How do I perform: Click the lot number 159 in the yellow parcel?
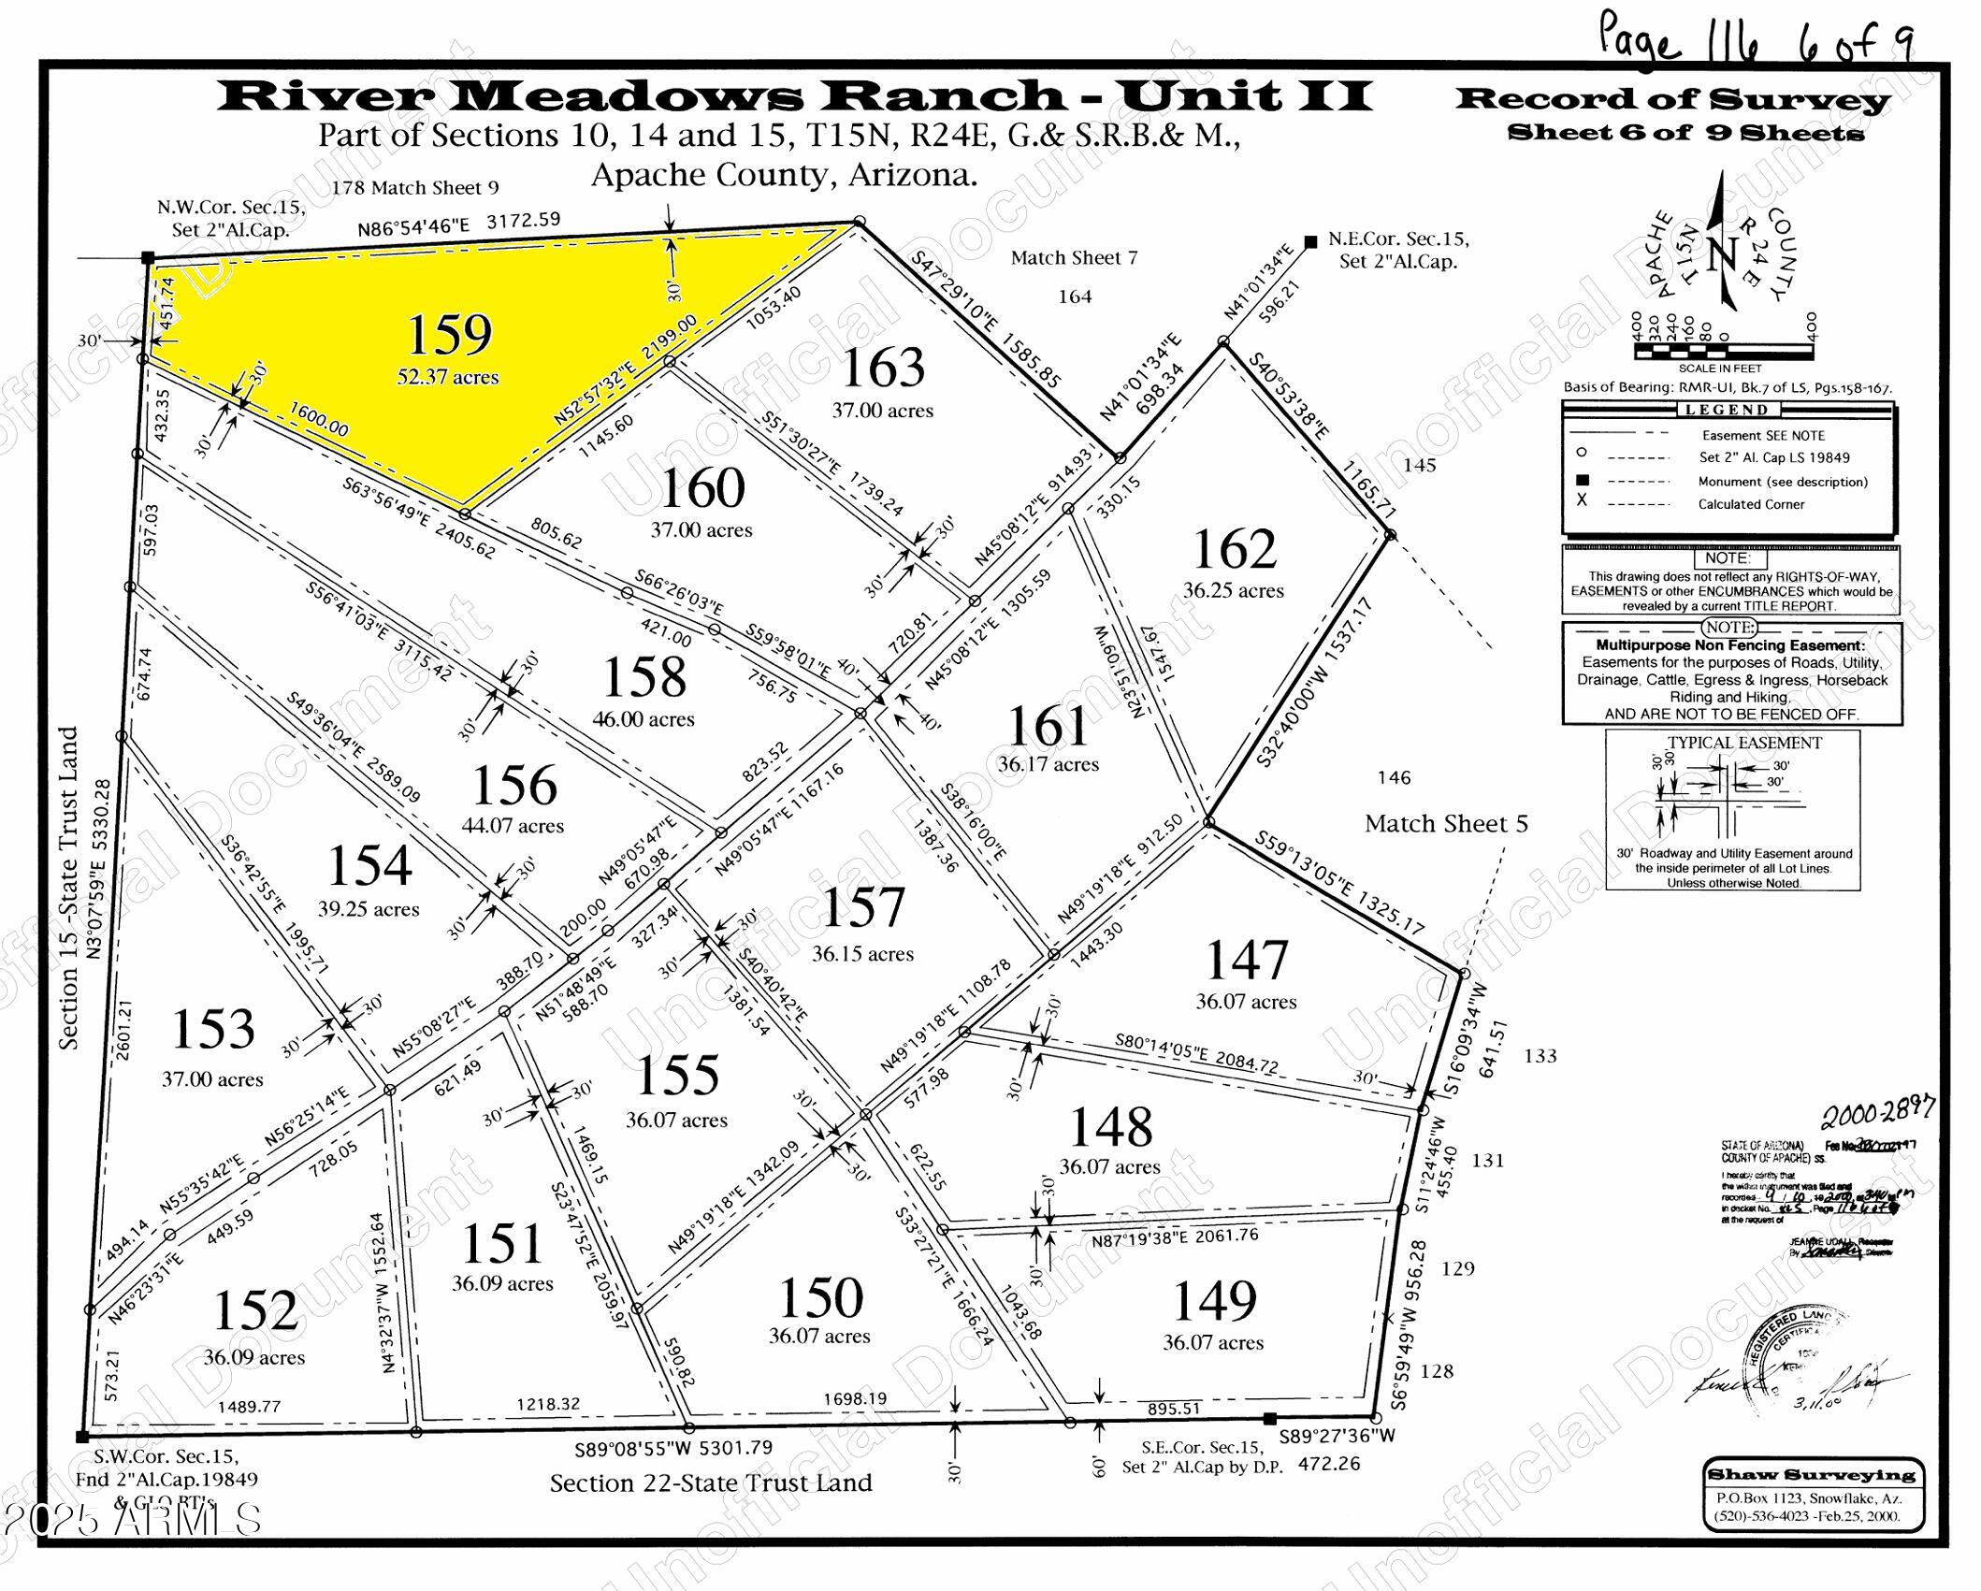click(x=450, y=335)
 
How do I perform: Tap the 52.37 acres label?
click(x=447, y=377)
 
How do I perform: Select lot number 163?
click(x=883, y=368)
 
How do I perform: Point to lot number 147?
click(x=1246, y=961)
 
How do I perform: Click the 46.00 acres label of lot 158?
click(x=643, y=719)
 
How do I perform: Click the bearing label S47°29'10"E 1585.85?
click(x=986, y=320)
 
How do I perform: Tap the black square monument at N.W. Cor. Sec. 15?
click(x=147, y=257)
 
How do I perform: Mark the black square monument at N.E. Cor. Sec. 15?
click(x=1311, y=240)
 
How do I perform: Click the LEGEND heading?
click(x=1727, y=410)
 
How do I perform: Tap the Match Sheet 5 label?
click(x=1446, y=823)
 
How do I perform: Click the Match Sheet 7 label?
click(x=1074, y=257)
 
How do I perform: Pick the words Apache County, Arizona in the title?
click(x=784, y=175)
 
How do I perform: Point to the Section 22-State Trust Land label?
click(x=711, y=1483)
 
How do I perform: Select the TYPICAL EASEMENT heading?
click(x=1744, y=743)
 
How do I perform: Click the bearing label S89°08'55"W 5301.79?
click(x=673, y=1449)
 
